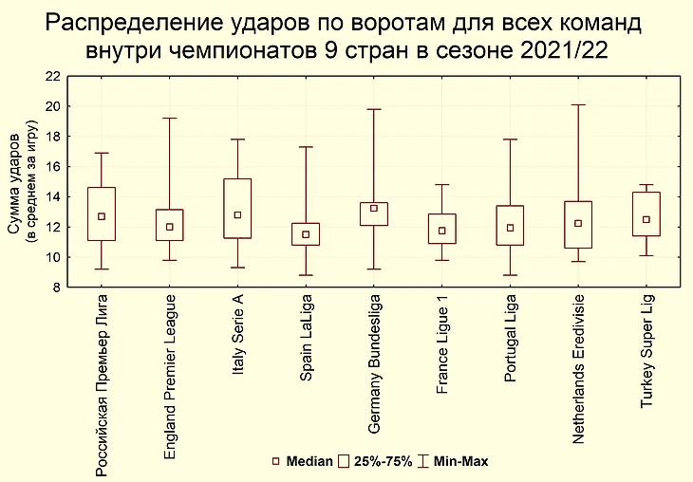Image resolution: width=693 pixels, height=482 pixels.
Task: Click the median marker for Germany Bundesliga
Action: pyautogui.click(x=374, y=209)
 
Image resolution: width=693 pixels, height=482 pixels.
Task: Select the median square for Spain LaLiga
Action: pyautogui.click(x=306, y=234)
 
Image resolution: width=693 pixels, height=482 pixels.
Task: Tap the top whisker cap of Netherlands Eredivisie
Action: pyautogui.click(x=578, y=104)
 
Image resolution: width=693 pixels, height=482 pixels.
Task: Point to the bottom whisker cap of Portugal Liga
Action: pyautogui.click(x=510, y=275)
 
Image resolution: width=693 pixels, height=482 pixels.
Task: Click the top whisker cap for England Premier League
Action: pyautogui.click(x=169, y=119)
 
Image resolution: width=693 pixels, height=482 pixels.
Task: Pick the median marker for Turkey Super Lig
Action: pyautogui.click(x=646, y=219)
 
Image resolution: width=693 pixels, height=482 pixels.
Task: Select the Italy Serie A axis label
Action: pyautogui.click(x=237, y=347)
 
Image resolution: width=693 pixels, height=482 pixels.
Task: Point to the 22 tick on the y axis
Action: pyautogui.click(x=53, y=76)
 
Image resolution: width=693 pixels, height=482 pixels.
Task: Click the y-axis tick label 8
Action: pyautogui.click(x=57, y=287)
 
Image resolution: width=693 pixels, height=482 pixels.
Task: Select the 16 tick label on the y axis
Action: pyautogui.click(x=53, y=167)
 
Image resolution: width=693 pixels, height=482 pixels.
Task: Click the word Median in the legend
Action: pyautogui.click(x=309, y=462)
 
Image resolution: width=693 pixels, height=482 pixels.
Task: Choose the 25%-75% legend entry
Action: pyautogui.click(x=383, y=462)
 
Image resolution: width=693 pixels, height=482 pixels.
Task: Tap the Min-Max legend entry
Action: pyautogui.click(x=460, y=462)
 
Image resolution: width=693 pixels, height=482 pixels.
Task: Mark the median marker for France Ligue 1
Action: pyautogui.click(x=442, y=231)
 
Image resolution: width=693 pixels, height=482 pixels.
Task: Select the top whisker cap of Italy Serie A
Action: pyautogui.click(x=237, y=139)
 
